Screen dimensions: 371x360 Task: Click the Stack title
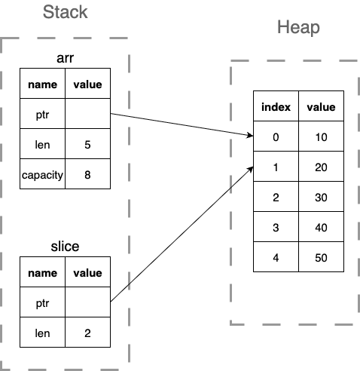point(65,13)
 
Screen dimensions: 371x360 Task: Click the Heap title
point(298,28)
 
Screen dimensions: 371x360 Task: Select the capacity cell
point(43,174)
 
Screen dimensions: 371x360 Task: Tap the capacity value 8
point(87,174)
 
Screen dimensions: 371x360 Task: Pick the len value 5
point(87,144)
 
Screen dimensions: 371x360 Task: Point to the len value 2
point(87,332)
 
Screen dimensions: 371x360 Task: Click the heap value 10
point(321,137)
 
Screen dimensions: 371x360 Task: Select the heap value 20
point(321,167)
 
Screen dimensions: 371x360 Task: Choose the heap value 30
point(321,198)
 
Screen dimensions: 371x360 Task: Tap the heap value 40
point(321,228)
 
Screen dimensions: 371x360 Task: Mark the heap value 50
point(321,258)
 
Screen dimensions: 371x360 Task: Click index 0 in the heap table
point(276,137)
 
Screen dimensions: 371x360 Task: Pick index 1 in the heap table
point(276,167)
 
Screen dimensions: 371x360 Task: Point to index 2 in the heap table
point(276,198)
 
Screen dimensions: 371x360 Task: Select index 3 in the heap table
point(276,228)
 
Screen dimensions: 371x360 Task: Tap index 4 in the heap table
point(276,258)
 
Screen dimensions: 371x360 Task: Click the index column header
point(276,107)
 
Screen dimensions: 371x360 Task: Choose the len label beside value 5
point(43,144)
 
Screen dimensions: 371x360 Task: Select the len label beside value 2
point(43,332)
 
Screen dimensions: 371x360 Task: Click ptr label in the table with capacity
point(43,114)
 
